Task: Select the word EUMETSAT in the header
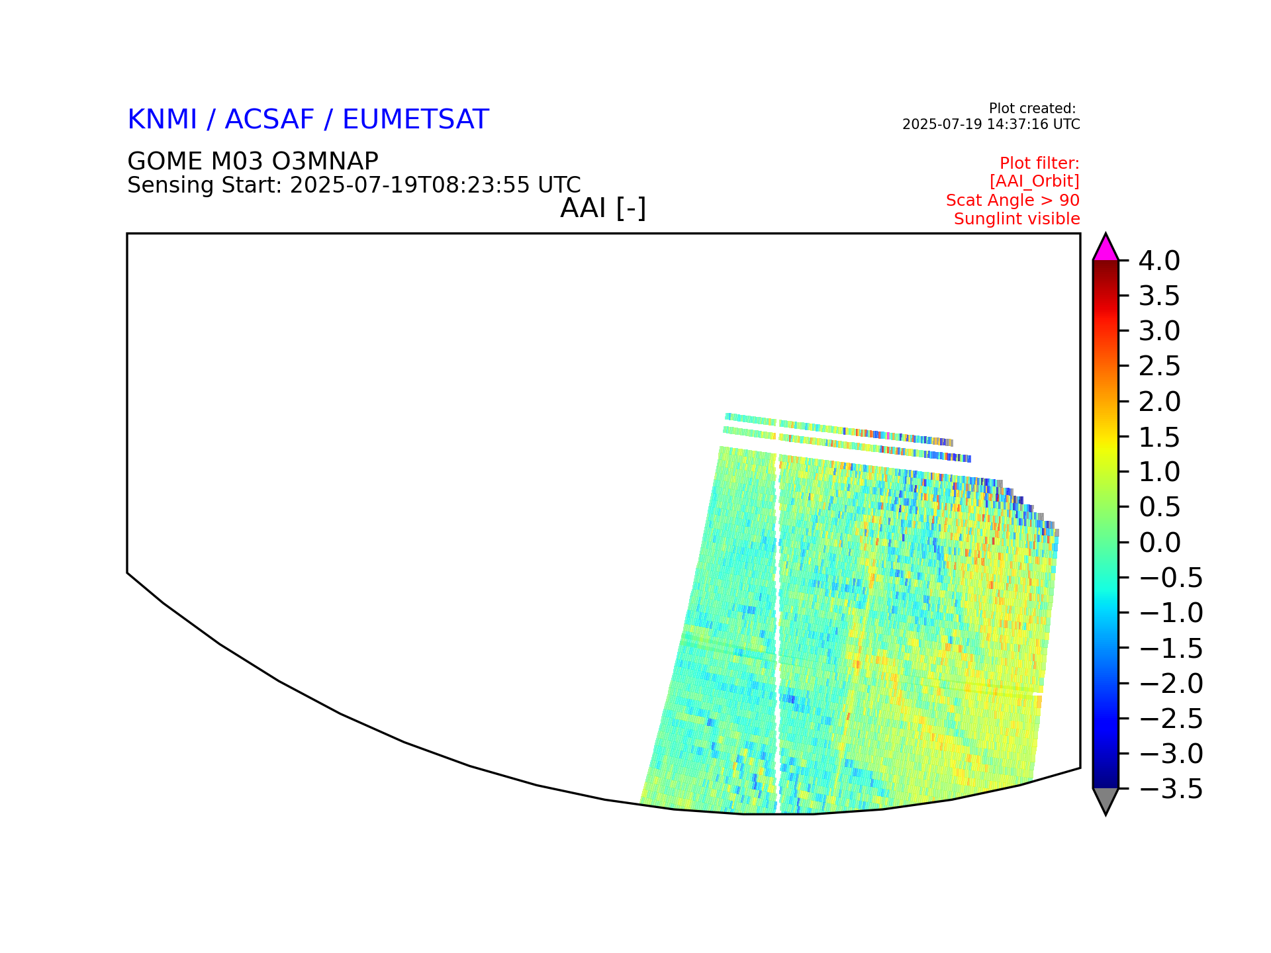[416, 120]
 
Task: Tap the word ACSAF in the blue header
[269, 120]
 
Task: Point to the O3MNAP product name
[316, 161]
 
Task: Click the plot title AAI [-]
[603, 208]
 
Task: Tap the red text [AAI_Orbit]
[1035, 181]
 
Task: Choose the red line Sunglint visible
[1017, 219]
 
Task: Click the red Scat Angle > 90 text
[1013, 201]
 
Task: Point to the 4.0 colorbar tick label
[1159, 261]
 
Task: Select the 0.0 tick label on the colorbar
[1159, 543]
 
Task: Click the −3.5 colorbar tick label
[1170, 789]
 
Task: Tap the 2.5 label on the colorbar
[1159, 367]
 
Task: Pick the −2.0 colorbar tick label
[1170, 684]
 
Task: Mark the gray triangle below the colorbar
[1106, 799]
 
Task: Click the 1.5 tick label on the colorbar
[1159, 437]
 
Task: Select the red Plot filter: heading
[1039, 163]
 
